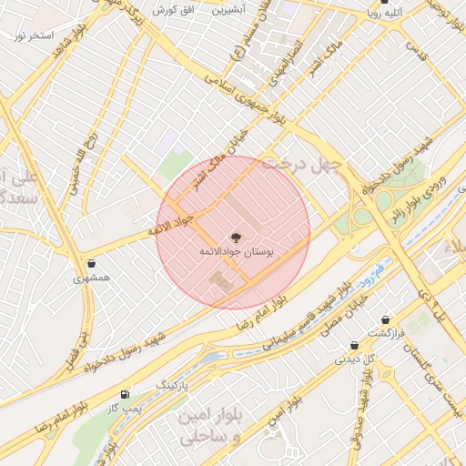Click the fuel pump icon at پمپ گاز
125,394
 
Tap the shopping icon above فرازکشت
389,319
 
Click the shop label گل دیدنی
354,359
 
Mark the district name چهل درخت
300,165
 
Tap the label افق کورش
170,9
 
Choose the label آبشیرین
229,10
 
